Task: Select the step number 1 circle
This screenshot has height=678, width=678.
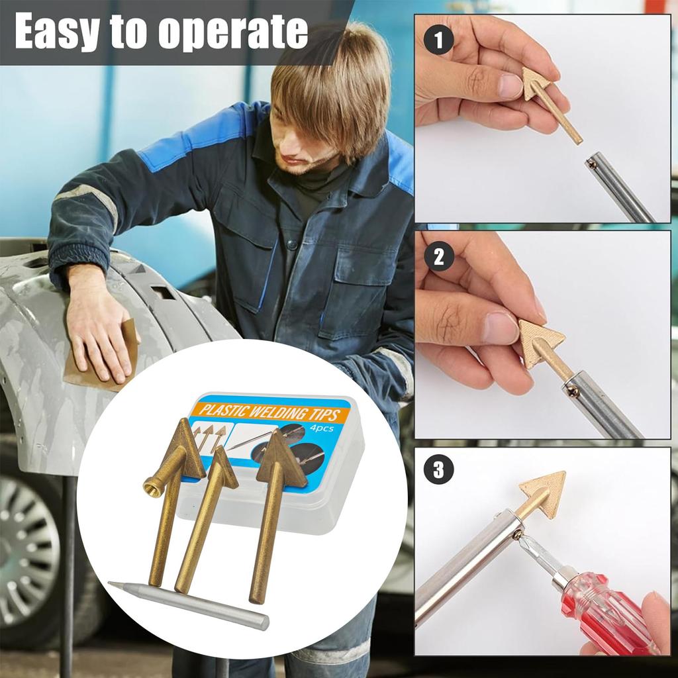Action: pos(439,42)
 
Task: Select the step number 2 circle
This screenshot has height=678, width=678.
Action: pos(439,257)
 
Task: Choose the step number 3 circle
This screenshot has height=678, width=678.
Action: pos(439,471)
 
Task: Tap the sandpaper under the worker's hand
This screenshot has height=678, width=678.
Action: pos(99,361)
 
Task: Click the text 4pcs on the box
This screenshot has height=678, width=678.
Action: pos(322,428)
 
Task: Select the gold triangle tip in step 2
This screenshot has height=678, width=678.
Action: pos(540,341)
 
